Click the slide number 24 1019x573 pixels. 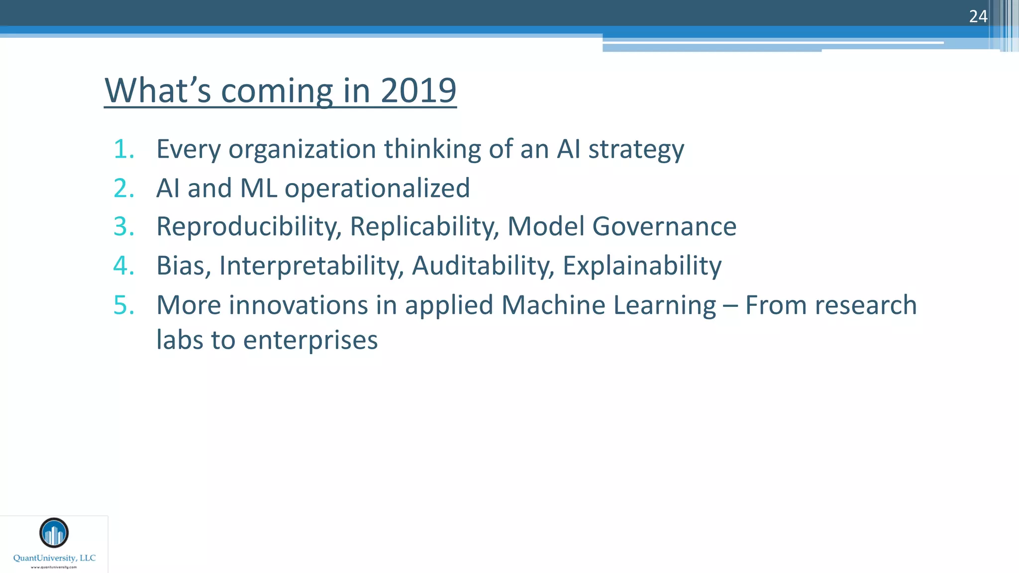[x=978, y=16]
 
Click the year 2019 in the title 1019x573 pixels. [x=418, y=91]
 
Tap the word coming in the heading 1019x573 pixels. [x=277, y=92]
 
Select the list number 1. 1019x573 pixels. [x=123, y=149]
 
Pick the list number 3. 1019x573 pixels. [x=123, y=227]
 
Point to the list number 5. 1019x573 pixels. [x=123, y=305]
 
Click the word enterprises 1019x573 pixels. [x=310, y=341]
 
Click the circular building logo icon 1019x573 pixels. [x=54, y=533]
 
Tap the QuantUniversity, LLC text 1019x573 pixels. [x=54, y=558]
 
